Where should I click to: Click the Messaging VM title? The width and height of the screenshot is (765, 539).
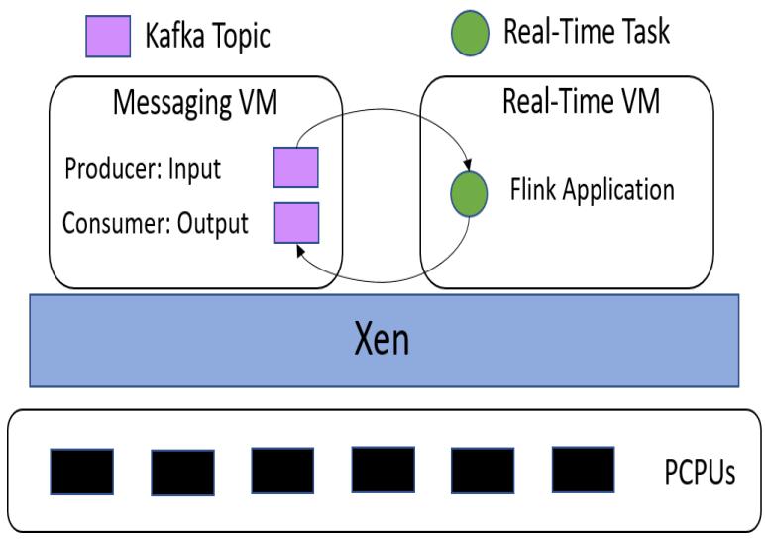195,104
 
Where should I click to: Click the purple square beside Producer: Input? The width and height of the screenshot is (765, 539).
295,166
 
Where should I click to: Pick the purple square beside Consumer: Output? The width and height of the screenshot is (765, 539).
295,222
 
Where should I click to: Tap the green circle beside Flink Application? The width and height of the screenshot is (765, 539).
469,192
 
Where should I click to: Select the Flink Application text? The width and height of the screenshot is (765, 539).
591,188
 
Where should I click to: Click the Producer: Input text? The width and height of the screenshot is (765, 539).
143,168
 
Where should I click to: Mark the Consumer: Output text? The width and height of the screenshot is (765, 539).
155,223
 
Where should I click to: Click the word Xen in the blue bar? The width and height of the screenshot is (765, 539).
382,340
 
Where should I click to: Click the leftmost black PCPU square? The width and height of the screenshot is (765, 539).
81,472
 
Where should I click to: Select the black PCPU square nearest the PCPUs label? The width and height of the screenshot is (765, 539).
583,471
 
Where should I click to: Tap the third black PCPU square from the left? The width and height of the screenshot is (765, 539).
282,471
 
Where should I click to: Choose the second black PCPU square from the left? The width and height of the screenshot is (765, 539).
182,472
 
